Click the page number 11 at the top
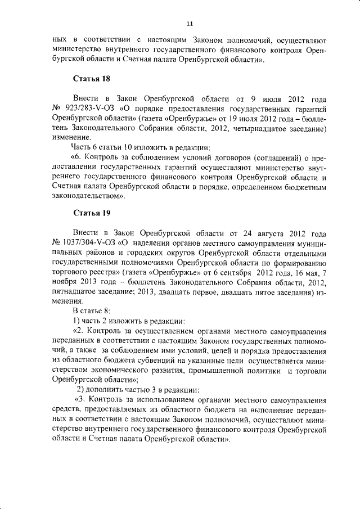[190, 23]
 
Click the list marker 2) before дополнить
[82, 389]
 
